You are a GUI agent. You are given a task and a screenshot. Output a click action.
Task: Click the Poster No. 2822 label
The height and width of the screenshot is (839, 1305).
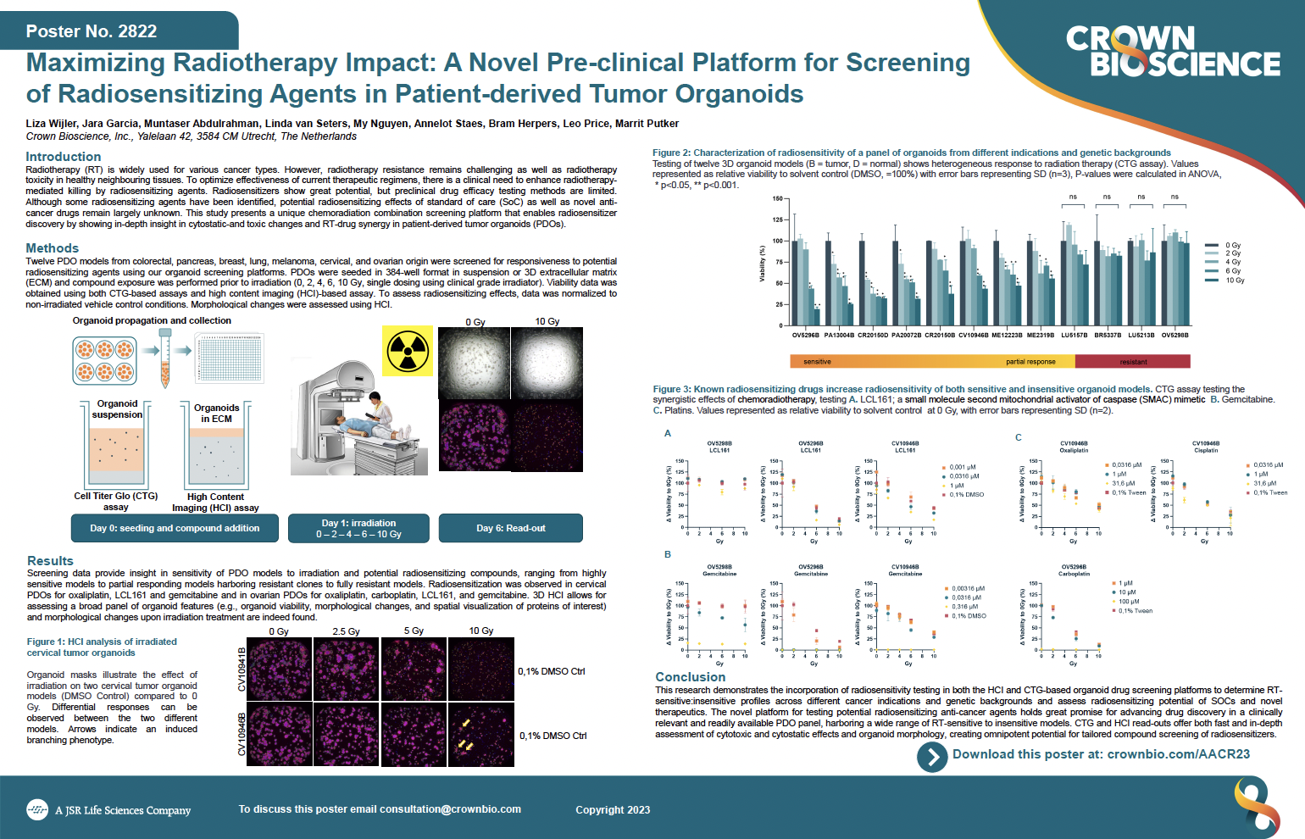[92, 31]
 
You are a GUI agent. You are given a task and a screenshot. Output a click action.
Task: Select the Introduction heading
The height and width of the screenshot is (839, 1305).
[64, 157]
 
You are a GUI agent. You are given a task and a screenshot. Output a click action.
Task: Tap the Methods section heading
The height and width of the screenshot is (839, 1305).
[53, 248]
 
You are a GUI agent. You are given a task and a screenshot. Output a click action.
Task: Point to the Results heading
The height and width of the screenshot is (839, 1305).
[50, 561]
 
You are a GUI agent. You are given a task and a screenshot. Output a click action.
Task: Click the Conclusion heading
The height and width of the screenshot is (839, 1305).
[691, 677]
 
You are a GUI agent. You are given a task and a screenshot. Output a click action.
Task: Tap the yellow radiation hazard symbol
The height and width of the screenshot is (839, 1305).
[408, 351]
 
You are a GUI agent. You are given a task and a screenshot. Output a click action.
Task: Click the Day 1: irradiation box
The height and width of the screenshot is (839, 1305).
[358, 528]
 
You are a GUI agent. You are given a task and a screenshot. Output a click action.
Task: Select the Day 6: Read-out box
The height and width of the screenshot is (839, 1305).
[510, 528]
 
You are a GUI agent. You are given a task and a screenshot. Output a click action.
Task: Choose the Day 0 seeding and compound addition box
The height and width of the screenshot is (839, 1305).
[175, 528]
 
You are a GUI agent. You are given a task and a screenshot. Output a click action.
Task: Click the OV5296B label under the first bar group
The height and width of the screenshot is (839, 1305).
[805, 336]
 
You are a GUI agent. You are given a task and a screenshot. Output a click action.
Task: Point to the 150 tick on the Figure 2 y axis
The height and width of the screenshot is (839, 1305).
[777, 199]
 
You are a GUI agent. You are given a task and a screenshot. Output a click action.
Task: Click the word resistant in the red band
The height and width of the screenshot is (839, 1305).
[1133, 362]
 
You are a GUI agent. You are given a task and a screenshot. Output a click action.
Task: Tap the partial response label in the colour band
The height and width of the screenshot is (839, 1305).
[1030, 362]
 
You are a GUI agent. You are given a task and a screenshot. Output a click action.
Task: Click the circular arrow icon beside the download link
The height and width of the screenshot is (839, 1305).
[932, 756]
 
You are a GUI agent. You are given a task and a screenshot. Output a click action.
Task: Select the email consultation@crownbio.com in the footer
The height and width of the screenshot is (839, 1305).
[450, 809]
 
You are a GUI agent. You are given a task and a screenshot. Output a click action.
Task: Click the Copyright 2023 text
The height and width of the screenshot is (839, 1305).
[613, 810]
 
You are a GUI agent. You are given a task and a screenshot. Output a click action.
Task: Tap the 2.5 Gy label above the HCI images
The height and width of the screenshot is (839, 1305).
[346, 631]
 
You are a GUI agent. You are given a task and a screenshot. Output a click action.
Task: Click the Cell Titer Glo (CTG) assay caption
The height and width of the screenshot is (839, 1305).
[116, 502]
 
